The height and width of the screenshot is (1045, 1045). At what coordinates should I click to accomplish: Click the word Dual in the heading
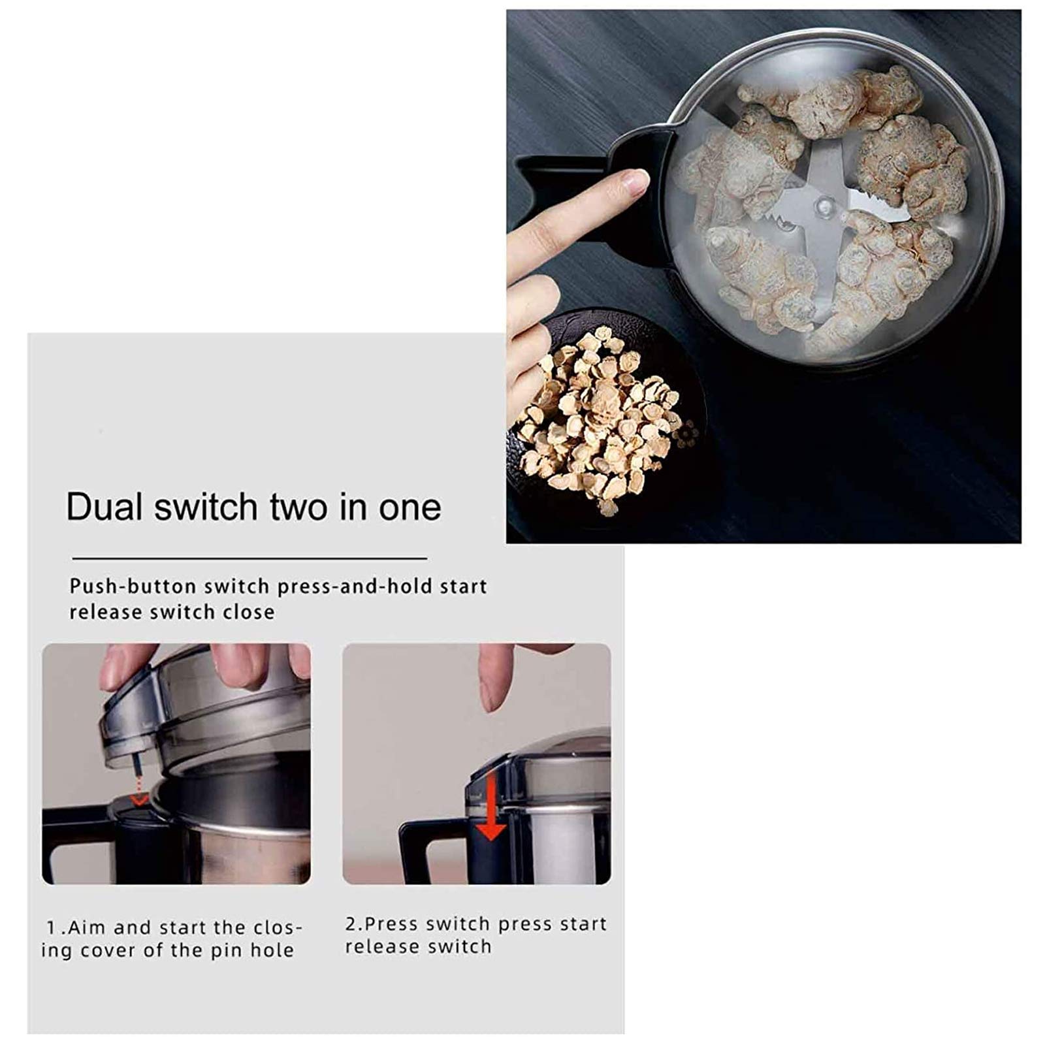(104, 506)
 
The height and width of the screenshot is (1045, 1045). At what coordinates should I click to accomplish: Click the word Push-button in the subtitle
(133, 587)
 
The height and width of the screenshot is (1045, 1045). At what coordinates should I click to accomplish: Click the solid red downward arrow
(490, 807)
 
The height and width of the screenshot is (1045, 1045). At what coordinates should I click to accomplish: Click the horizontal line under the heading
(249, 558)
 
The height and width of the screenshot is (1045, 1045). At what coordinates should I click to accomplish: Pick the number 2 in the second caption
(351, 924)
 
